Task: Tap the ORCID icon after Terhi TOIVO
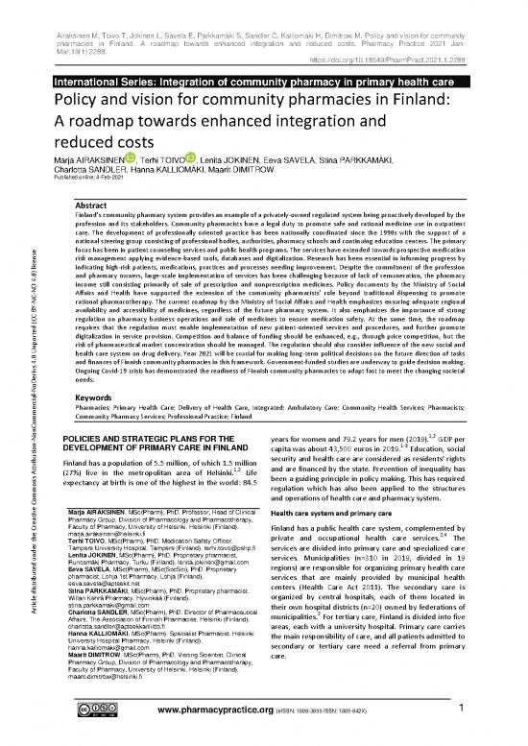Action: (192, 158)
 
